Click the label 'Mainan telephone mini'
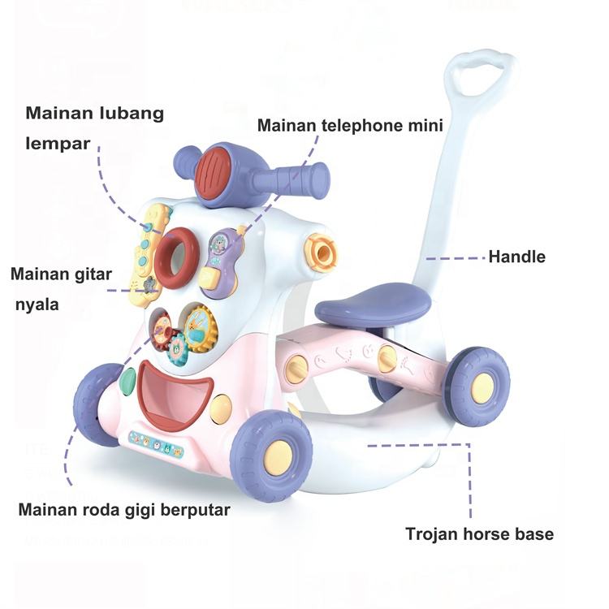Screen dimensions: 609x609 350,126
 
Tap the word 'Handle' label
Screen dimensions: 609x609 516,257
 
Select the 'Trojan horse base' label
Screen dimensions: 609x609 479,534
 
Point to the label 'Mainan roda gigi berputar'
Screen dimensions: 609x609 124,510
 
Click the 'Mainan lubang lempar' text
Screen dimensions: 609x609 94,127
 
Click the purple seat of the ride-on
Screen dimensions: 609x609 373,307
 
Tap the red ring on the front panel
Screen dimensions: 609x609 176,257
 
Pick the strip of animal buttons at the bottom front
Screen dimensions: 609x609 156,443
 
